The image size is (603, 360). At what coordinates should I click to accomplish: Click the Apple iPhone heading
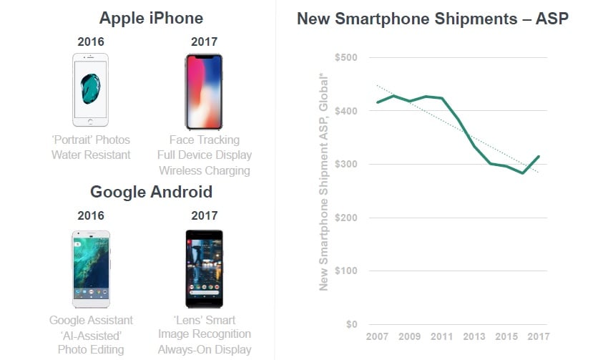pyautogui.click(x=151, y=18)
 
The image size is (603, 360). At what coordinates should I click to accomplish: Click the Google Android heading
pyautogui.click(x=151, y=192)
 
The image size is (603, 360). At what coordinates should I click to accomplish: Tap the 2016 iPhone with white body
pyautogui.click(x=90, y=90)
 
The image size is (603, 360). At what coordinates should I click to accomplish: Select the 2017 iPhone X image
pyautogui.click(x=204, y=91)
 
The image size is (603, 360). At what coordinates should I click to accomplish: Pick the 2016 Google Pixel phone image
pyautogui.click(x=91, y=268)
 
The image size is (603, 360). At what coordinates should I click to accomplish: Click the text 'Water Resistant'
pyautogui.click(x=91, y=155)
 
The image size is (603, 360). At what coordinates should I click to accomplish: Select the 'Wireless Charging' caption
pyautogui.click(x=205, y=171)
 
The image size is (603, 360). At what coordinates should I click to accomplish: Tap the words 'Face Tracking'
pyautogui.click(x=205, y=140)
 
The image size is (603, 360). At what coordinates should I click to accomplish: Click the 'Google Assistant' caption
pyautogui.click(x=91, y=320)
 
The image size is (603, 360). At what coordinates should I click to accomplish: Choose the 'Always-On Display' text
pyautogui.click(x=205, y=350)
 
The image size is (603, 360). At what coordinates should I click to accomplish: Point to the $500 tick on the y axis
pyautogui.click(x=347, y=57)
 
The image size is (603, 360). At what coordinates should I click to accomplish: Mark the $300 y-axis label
pyautogui.click(x=347, y=164)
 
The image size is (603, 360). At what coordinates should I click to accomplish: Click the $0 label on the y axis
pyautogui.click(x=350, y=324)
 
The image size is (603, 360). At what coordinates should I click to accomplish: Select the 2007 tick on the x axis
pyautogui.click(x=377, y=336)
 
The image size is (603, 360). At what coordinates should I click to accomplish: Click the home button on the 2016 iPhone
pyautogui.click(x=90, y=121)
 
